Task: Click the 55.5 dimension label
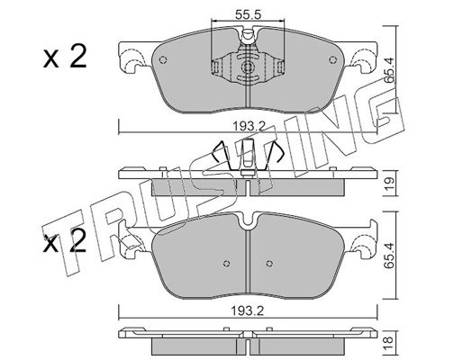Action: (x=248, y=14)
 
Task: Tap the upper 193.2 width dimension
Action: (x=249, y=127)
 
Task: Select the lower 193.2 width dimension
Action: (x=248, y=311)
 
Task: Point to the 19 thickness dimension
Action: (x=389, y=183)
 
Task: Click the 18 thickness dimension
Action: (x=388, y=339)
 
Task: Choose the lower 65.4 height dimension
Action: (x=389, y=255)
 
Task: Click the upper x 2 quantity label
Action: (x=65, y=56)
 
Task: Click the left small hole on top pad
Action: (x=163, y=60)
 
